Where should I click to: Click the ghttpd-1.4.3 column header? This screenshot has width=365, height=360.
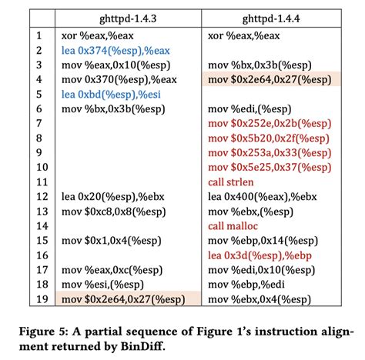[x=128, y=18]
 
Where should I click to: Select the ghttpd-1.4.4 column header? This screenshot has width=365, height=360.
[x=271, y=18]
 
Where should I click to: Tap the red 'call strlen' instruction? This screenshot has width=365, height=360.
[x=231, y=182]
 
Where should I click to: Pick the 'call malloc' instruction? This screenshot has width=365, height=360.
[x=233, y=226]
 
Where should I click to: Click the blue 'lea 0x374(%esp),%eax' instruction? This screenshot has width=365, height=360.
[x=116, y=51]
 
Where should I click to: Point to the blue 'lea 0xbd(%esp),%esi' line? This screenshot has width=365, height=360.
[x=111, y=95]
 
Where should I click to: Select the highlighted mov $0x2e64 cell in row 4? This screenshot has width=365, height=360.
[x=272, y=79]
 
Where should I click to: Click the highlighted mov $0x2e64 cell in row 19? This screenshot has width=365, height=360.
[x=128, y=298]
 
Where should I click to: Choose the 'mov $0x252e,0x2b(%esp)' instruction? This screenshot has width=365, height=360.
[x=270, y=124]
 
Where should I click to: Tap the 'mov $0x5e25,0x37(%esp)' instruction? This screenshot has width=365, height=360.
[x=270, y=168]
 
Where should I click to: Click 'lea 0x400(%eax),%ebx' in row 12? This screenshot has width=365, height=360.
[x=263, y=197]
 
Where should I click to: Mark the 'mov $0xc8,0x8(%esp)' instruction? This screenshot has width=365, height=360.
[x=113, y=212]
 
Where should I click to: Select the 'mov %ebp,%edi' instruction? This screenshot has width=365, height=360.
[x=246, y=285]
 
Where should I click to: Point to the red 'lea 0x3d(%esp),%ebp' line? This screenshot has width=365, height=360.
[x=260, y=255]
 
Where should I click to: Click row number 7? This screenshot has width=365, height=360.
[x=39, y=124]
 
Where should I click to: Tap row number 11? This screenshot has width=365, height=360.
[x=42, y=182]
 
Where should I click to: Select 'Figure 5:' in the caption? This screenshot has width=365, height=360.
[x=44, y=332]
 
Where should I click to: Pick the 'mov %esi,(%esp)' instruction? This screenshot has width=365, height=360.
[x=102, y=285]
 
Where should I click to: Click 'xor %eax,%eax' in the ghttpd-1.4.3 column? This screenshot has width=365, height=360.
[x=97, y=35]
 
